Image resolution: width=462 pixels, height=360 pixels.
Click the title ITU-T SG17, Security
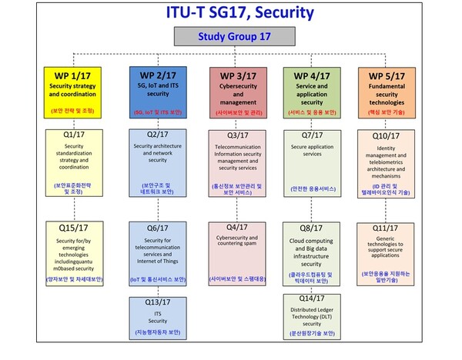(229, 12)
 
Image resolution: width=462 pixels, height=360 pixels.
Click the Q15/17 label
(72, 229)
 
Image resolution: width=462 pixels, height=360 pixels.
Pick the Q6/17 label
(158, 229)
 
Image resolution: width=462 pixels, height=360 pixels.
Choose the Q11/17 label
(393, 228)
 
